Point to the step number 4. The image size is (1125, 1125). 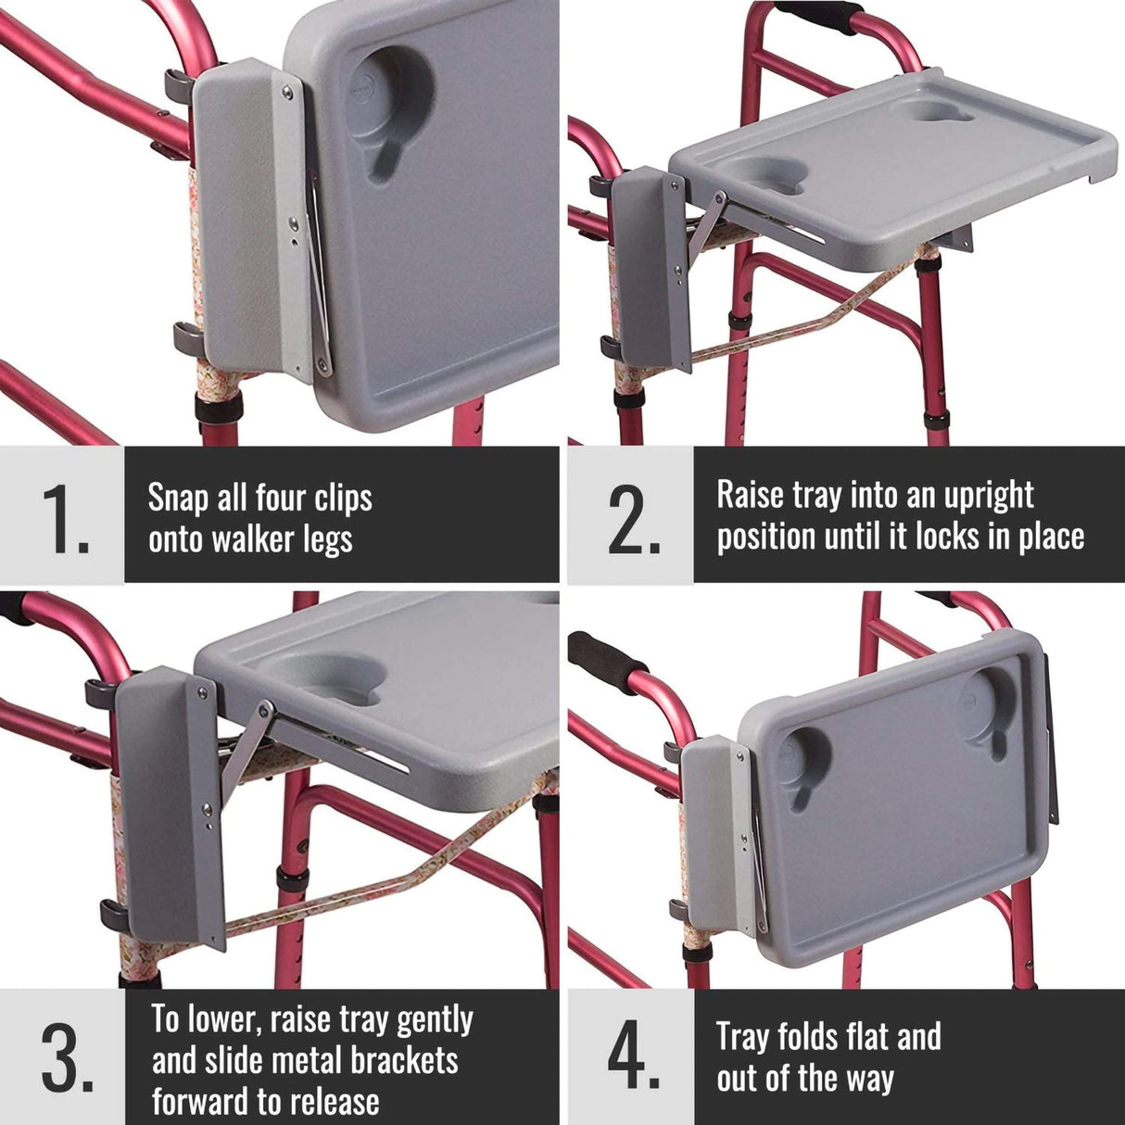point(633,1058)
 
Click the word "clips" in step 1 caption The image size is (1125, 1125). point(342,499)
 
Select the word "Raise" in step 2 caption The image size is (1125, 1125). point(750,495)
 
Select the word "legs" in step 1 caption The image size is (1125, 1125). point(326,539)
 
